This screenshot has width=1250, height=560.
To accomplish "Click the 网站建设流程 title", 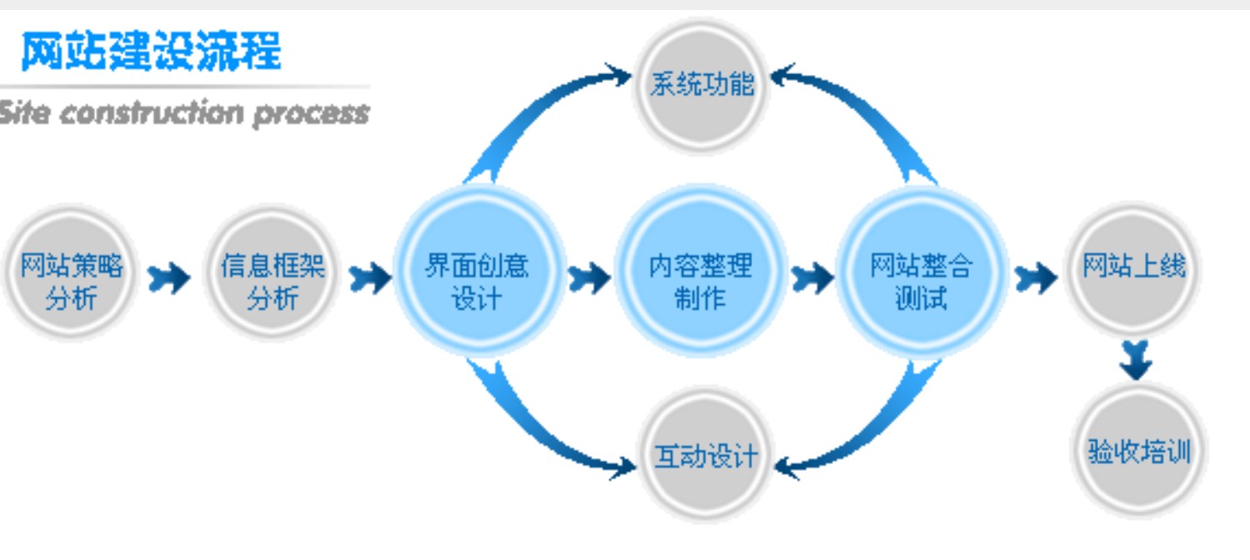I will (x=151, y=52).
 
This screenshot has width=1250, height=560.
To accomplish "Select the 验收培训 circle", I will (x=1139, y=451).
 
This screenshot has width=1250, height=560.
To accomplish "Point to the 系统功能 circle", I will (x=702, y=83).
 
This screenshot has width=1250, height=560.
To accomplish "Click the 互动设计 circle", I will (x=705, y=455).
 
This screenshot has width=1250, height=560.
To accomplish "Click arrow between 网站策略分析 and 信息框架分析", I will (x=168, y=277).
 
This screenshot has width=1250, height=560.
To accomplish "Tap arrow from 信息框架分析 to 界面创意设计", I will (x=369, y=277).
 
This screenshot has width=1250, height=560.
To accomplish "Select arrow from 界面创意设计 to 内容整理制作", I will (x=589, y=277).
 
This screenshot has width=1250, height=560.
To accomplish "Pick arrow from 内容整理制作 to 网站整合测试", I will (x=811, y=277).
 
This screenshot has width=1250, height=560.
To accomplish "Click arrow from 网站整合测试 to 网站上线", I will (x=1036, y=277).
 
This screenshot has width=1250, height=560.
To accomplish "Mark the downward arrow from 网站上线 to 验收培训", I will (x=1136, y=359).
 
